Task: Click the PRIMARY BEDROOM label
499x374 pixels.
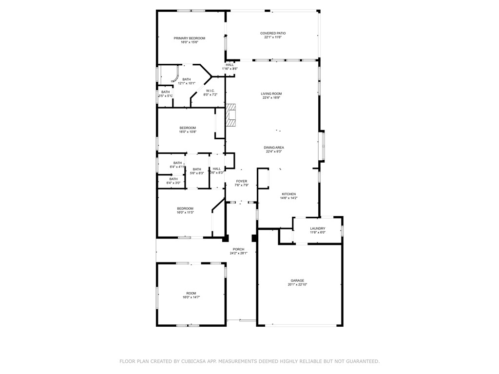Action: [190, 38]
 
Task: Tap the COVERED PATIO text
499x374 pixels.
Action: [273, 33]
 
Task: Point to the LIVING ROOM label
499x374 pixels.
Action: [271, 93]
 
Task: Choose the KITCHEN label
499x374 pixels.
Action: [288, 194]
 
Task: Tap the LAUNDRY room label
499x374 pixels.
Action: [318, 228]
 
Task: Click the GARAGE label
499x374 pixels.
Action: [297, 280]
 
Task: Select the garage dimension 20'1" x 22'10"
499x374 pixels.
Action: [297, 285]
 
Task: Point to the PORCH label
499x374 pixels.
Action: [238, 249]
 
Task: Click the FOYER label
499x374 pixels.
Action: [242, 181]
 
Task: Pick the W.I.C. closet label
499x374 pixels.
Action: [211, 91]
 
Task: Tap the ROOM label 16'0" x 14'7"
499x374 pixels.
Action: [191, 293]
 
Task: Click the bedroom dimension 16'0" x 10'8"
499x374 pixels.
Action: [188, 132]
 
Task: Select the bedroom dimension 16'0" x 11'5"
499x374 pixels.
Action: [185, 212]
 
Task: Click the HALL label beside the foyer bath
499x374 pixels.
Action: [217, 168]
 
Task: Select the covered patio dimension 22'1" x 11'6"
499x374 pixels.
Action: [273, 37]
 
